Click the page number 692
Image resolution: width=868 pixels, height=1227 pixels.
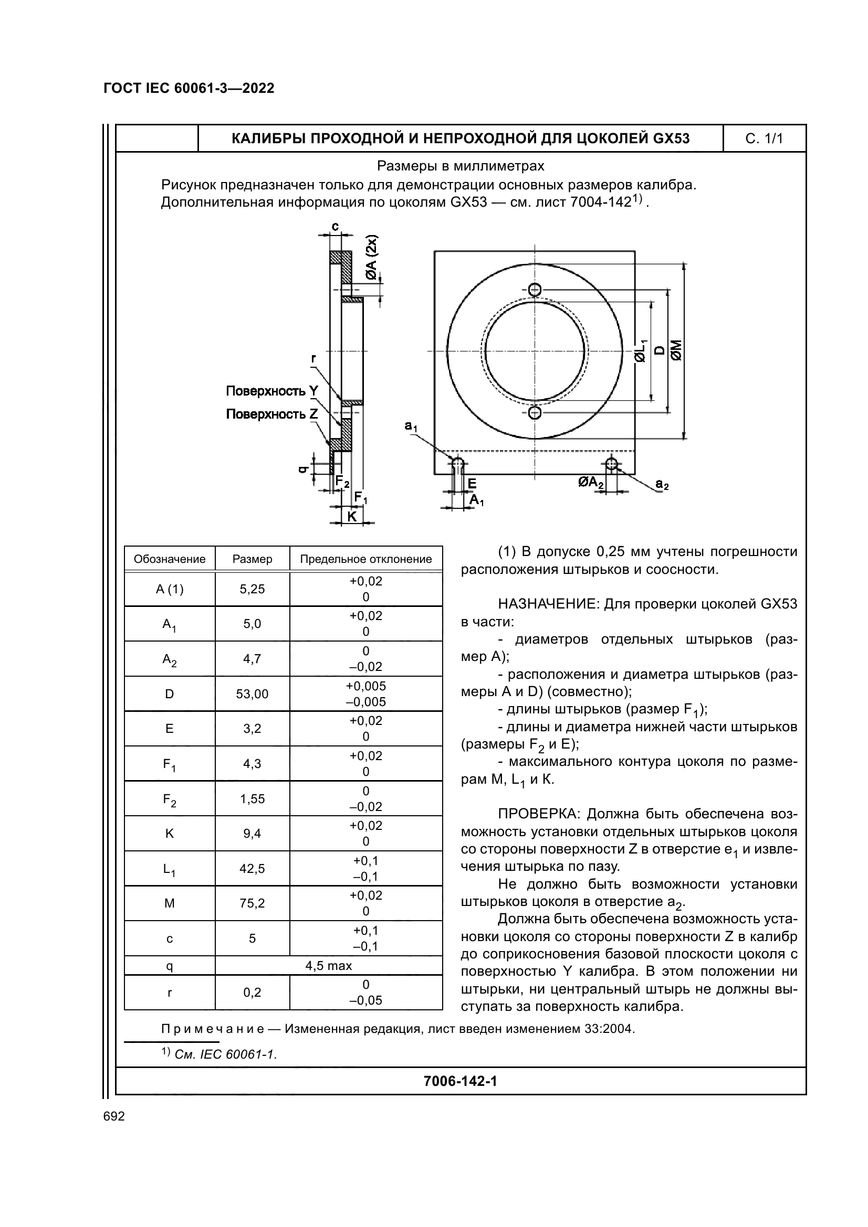[x=114, y=1116]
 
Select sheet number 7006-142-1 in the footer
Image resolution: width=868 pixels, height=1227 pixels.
[x=460, y=1081]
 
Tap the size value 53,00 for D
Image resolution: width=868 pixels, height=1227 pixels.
[x=253, y=693]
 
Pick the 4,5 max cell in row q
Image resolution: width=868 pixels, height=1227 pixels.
[x=328, y=965]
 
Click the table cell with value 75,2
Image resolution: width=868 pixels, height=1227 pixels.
[x=253, y=903]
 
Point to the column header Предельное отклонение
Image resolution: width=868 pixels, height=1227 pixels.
[x=366, y=559]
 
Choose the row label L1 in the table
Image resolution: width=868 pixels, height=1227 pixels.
[x=170, y=869]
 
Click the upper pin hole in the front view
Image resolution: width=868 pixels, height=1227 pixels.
[x=534, y=290]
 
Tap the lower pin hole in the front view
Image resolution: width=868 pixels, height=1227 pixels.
[x=534, y=412]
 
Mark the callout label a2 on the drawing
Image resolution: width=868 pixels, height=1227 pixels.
[x=662, y=484]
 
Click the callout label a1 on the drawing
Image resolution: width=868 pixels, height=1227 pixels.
[x=411, y=426]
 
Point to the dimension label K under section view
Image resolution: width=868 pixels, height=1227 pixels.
[x=352, y=516]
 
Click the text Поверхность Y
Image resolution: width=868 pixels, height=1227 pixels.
[x=271, y=391]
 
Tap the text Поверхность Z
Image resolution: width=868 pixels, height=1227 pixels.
[x=271, y=414]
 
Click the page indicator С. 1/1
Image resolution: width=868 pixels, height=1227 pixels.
[x=764, y=139]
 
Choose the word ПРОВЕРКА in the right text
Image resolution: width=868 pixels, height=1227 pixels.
[x=539, y=814]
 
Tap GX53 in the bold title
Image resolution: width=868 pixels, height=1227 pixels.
[x=671, y=139]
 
